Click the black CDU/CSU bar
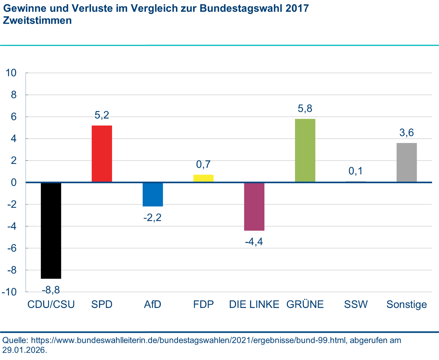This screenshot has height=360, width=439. pyautogui.click(x=51, y=230)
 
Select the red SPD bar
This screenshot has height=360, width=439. pyautogui.click(x=102, y=154)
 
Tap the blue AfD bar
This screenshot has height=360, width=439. pyautogui.click(x=153, y=194)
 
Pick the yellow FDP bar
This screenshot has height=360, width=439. pyautogui.click(x=203, y=178)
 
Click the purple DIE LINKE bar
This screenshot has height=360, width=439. pyautogui.click(x=254, y=206)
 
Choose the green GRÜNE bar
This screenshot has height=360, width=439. pyautogui.click(x=305, y=150)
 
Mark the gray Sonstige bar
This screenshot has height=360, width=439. pyautogui.click(x=406, y=162)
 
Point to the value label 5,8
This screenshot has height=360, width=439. pyautogui.click(x=305, y=109)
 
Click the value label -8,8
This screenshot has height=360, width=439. pyautogui.click(x=51, y=290)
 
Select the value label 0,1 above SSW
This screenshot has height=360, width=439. pyautogui.click(x=355, y=171)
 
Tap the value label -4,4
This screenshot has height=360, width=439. pyautogui.click(x=254, y=241)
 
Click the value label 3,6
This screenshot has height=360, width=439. pyautogui.click(x=406, y=133)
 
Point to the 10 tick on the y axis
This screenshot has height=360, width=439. pyautogui.click(x=11, y=73)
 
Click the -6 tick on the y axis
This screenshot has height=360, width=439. pyautogui.click(x=12, y=248)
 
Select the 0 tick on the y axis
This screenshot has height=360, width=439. pyautogui.click(x=14, y=182)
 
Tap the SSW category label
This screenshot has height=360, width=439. pyautogui.click(x=356, y=304)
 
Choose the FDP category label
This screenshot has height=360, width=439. pyautogui.click(x=203, y=304)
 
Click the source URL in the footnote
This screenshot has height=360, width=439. pyautogui.click(x=187, y=340)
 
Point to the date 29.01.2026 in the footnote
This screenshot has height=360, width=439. pyautogui.click(x=24, y=350)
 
